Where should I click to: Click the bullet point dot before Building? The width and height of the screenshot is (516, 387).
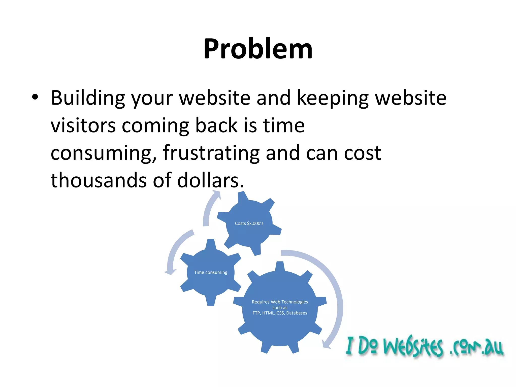(35, 97)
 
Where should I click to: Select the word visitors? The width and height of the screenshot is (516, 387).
(83, 125)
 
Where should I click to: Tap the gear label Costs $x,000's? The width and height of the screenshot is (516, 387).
(249, 223)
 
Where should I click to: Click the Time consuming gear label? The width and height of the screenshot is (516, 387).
(211, 272)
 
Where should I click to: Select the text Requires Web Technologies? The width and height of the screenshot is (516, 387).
(280, 302)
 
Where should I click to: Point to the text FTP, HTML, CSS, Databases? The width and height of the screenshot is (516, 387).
(280, 313)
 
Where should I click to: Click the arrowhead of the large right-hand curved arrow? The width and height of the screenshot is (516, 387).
(326, 345)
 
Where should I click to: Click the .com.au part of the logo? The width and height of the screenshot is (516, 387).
(476, 348)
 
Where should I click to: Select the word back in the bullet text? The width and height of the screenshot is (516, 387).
(216, 125)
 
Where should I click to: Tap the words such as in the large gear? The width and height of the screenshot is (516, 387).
(280, 308)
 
